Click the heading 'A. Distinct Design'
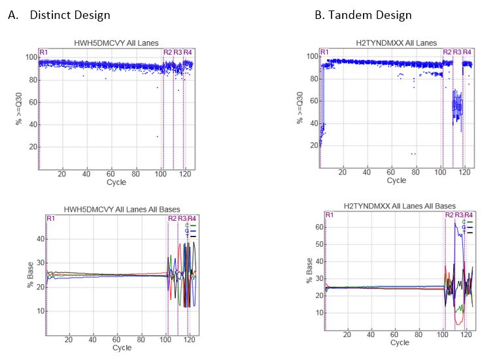pos(59,14)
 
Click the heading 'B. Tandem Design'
pos(363,14)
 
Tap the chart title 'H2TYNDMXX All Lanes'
pos(396,42)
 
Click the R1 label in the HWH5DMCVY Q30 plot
pos(43,52)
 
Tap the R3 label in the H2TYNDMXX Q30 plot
pos(457,52)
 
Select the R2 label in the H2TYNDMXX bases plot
pos(449,215)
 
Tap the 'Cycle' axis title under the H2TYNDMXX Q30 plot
pos(396,180)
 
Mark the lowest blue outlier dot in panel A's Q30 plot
pos(158,137)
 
